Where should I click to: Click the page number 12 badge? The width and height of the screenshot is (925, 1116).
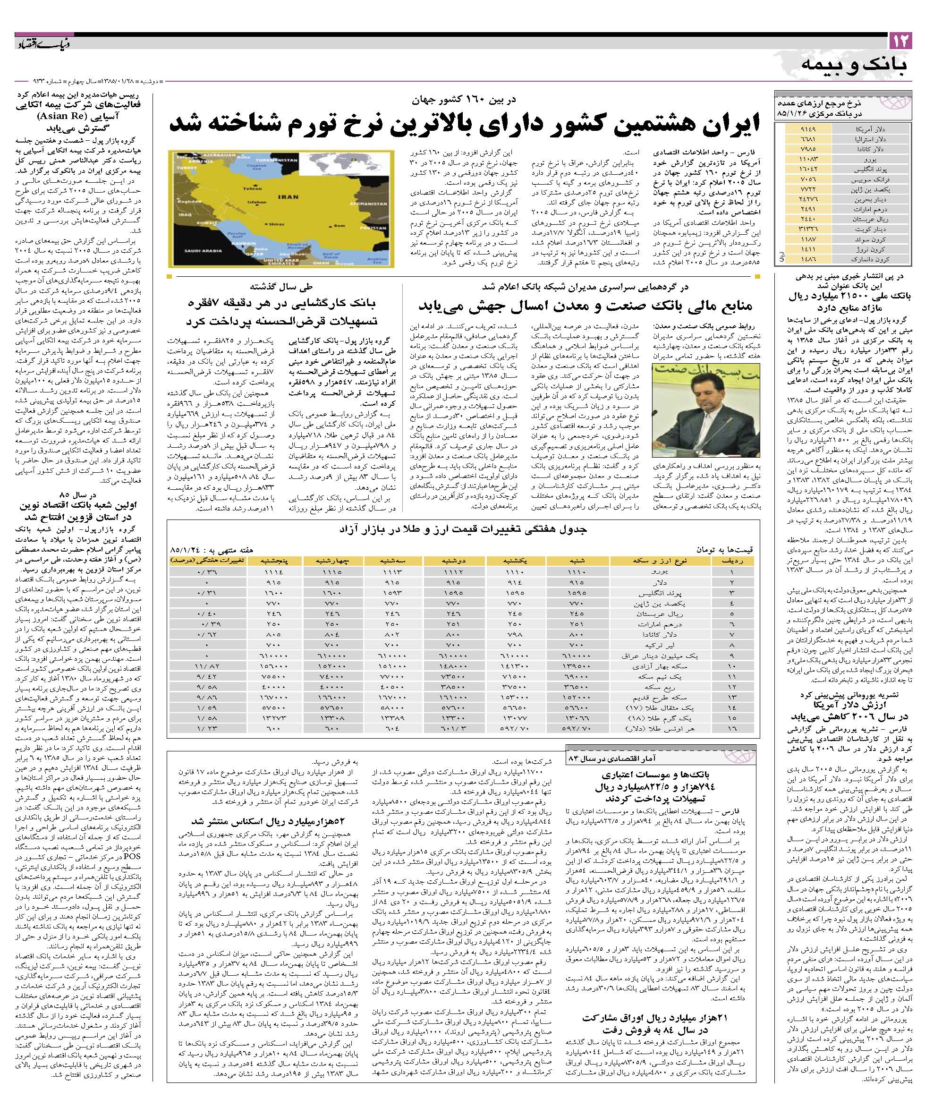tap(900, 41)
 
